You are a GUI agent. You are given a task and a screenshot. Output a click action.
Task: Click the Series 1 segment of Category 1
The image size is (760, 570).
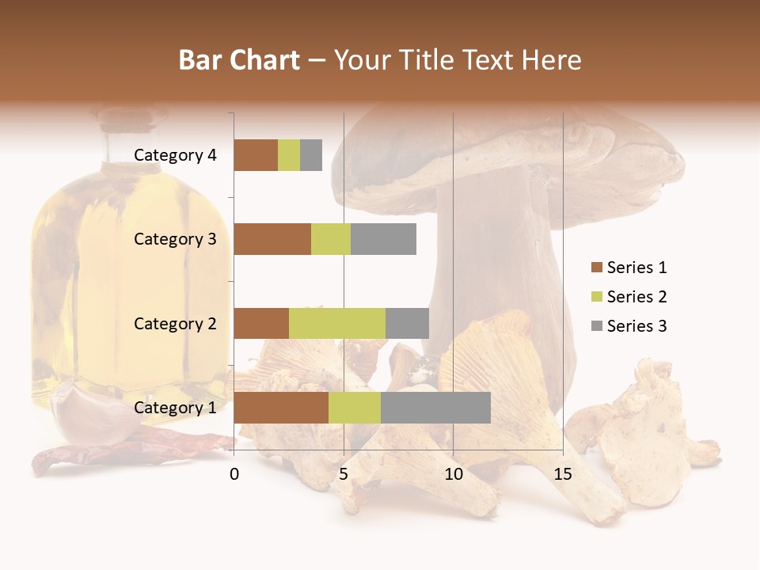point(281,407)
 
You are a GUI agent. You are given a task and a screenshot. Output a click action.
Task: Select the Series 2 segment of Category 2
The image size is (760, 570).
point(337,323)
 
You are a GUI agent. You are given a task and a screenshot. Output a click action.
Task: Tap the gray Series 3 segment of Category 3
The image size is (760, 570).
point(383,239)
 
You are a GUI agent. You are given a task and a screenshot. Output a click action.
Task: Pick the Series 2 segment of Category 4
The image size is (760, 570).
point(289,155)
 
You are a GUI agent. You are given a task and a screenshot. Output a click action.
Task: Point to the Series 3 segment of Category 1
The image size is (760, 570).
point(435,407)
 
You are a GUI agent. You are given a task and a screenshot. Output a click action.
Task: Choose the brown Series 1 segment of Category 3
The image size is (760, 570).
point(272,239)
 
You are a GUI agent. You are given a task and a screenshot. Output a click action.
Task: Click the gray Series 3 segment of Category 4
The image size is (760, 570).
point(311,155)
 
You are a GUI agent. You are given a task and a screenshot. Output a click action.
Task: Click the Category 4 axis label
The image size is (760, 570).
point(175,155)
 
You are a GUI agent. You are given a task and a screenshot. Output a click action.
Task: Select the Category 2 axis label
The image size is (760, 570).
point(175,323)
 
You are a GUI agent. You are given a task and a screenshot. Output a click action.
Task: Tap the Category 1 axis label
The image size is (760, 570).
point(175,408)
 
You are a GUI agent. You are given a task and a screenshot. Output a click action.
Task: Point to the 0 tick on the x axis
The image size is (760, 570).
point(234,474)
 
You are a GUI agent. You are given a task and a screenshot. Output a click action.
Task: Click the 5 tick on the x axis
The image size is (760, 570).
point(344,474)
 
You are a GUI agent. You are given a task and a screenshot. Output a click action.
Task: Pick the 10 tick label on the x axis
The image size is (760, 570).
point(453,474)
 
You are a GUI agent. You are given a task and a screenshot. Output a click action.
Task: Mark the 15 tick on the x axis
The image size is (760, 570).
point(563,474)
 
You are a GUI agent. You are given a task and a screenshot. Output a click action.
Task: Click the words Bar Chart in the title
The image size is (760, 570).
point(239,60)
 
